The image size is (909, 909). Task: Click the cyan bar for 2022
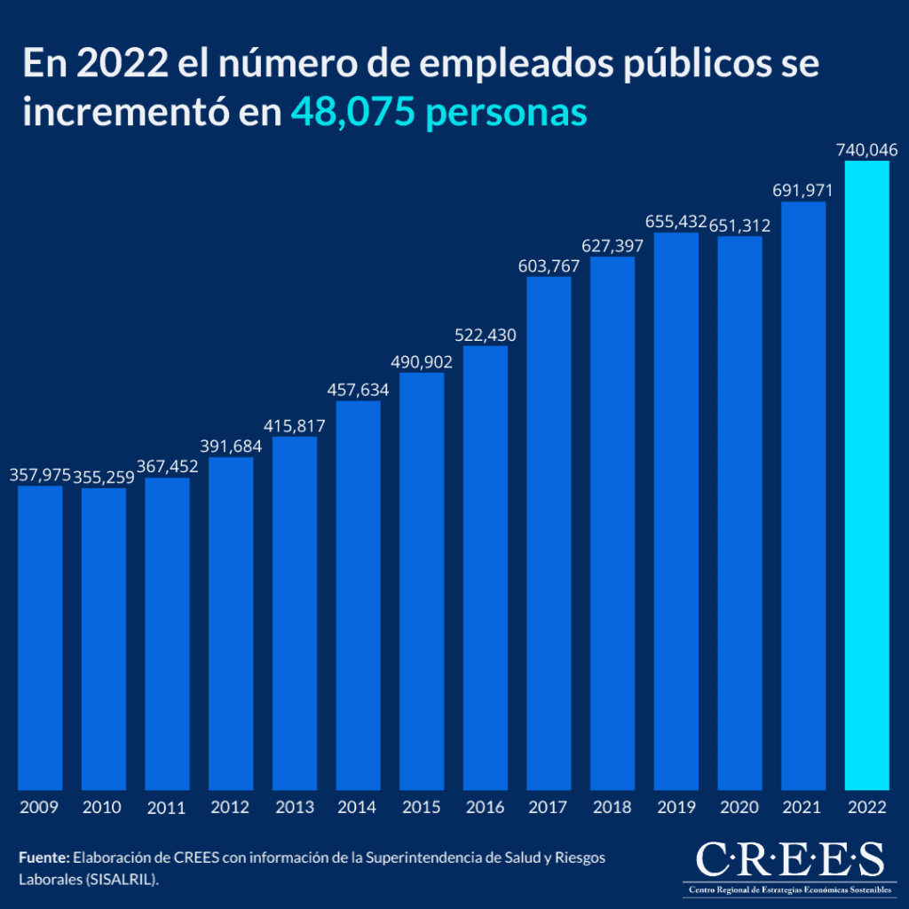pyautogui.click(x=866, y=475)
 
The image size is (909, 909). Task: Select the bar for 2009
pyautogui.click(x=40, y=637)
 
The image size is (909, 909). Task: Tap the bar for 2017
pyautogui.click(x=549, y=534)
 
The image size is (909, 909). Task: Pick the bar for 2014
pyautogui.click(x=358, y=596)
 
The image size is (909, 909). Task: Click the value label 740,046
pyautogui.click(x=866, y=150)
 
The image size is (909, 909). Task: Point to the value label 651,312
pyautogui.click(x=740, y=225)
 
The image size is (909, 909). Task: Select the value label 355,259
pyautogui.click(x=104, y=478)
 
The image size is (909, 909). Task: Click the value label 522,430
pyautogui.click(x=485, y=336)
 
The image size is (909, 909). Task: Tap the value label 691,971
pyautogui.click(x=803, y=190)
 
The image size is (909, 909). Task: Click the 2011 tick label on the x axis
pyautogui.click(x=167, y=808)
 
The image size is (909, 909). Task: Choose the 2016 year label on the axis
pyautogui.click(x=485, y=808)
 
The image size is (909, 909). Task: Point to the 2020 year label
pyautogui.click(x=739, y=808)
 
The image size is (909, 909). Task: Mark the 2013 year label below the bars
pyautogui.click(x=294, y=808)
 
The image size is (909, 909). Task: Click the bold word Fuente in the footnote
pyautogui.click(x=43, y=858)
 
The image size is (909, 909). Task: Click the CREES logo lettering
pyautogui.click(x=789, y=859)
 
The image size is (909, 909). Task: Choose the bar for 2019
pyautogui.click(x=676, y=511)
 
